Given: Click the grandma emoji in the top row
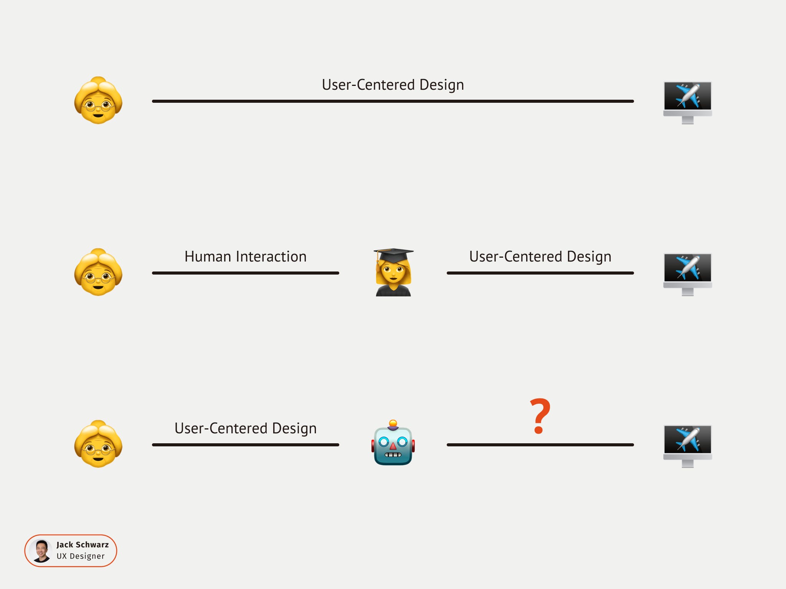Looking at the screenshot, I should tap(98, 100).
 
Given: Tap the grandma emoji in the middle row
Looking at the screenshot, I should tap(98, 272).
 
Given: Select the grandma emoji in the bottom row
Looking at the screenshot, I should tap(98, 444).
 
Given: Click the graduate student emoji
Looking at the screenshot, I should tap(393, 273).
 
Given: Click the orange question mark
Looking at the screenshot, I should tap(540, 416).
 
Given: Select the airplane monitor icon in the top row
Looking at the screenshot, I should tap(687, 102).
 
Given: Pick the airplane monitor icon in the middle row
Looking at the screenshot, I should tap(687, 274).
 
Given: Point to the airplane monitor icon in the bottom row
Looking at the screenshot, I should tap(687, 446).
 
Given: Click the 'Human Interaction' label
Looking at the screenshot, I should tap(246, 257).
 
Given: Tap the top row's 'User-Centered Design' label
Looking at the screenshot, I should tap(393, 85).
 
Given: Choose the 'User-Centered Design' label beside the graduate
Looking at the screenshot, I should tap(540, 257).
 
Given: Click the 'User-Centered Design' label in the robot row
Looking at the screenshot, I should tap(246, 428).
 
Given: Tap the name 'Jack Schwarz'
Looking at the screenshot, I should tap(83, 545).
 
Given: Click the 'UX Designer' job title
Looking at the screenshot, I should tap(81, 556).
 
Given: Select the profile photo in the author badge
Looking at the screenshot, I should tap(41, 551).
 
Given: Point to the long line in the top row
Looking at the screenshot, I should tap(393, 101).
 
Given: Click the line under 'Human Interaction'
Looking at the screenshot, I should tap(246, 273).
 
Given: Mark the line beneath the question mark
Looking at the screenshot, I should tap(540, 445).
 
